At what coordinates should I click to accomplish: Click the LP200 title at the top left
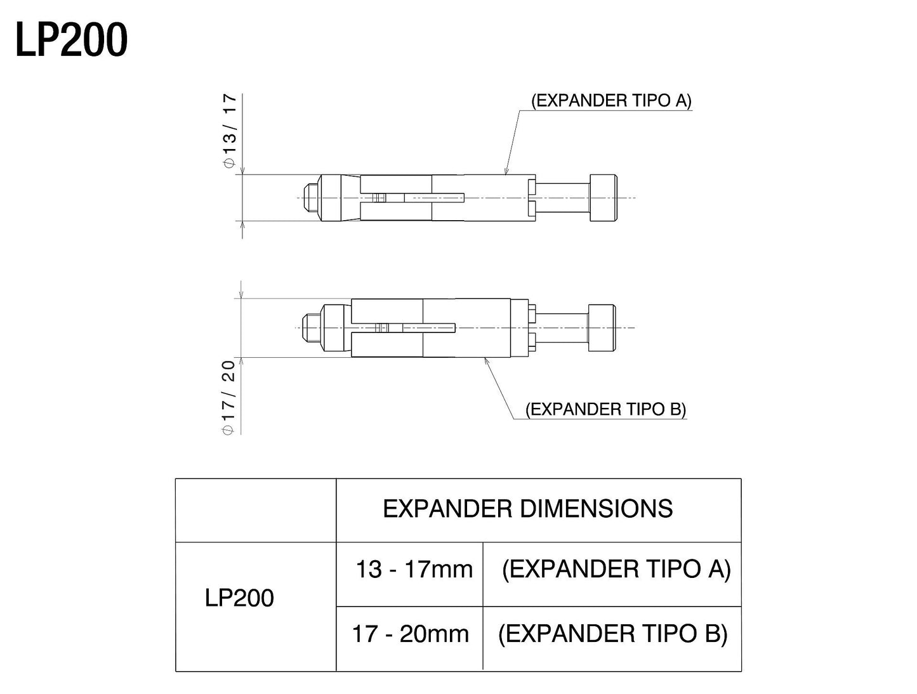coord(71,40)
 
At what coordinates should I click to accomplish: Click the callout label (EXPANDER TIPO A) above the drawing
coord(610,101)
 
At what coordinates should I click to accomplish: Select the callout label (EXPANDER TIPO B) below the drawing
coord(605,409)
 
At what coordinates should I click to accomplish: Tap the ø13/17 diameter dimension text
coord(229,131)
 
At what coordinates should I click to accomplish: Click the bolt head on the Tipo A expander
coord(603,197)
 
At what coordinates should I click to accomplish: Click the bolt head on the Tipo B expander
coord(602,327)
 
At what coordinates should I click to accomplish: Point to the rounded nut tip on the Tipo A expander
coord(310,197)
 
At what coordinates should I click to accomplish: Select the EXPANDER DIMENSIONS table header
coord(527,509)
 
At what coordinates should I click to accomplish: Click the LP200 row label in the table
coord(239,598)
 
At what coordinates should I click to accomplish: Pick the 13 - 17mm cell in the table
coord(414,569)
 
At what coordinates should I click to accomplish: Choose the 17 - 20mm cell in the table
coord(411,634)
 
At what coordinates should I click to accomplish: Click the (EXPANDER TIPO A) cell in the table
coord(616,569)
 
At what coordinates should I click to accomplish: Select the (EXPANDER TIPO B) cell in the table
coord(612,634)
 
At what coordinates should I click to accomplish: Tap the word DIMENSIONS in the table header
coord(596,509)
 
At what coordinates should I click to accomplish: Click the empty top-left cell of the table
coord(255,510)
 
